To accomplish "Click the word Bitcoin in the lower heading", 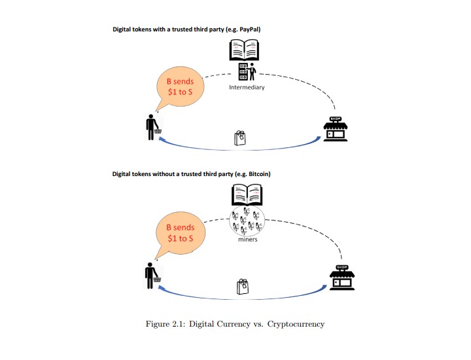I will pos(256,174).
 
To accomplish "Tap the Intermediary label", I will pos(247,88).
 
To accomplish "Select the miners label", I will pos(247,240).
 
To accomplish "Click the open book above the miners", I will pos(247,196).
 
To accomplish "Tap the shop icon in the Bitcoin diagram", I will pos(342,278).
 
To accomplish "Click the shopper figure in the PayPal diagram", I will pos(152,127).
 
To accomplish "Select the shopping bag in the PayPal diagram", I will pos(240,137).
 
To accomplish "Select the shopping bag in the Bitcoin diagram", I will pos(242,286).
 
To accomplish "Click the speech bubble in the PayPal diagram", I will pos(178,86).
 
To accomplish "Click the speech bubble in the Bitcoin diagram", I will pos(179,232).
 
